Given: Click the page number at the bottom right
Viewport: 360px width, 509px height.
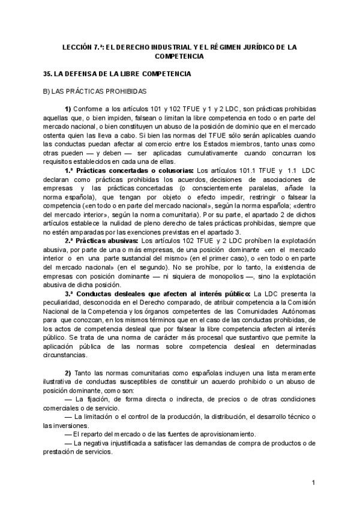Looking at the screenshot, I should pyautogui.click(x=313, y=483).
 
